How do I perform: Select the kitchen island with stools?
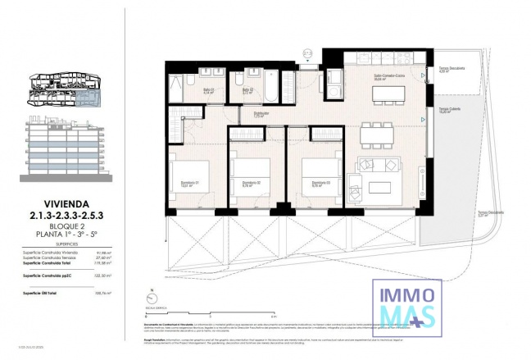[389, 93]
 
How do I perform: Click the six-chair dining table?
[376, 134]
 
